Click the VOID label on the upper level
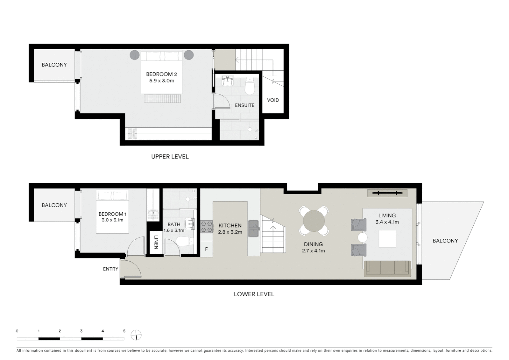tap(273, 100)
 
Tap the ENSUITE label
tap(245, 105)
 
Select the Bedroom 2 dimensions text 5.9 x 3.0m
tap(162, 81)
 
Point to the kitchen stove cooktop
tap(207, 227)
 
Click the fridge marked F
tap(207, 249)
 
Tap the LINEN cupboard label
tap(156, 242)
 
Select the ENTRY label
tap(110, 269)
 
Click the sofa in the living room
tap(387, 268)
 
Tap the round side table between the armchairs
tap(362, 238)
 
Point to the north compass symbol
tap(136, 335)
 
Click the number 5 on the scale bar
tap(124, 331)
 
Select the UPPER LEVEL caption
tap(170, 157)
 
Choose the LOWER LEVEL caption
tap(254, 294)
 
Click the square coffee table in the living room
tap(387, 239)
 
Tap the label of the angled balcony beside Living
tap(445, 241)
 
